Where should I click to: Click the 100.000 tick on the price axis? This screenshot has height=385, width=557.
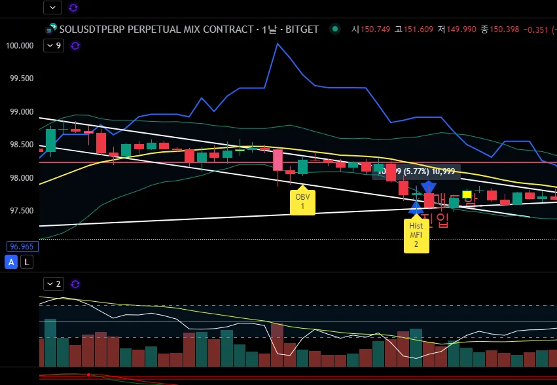[20, 46]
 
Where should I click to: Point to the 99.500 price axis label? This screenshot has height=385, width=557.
[20, 79]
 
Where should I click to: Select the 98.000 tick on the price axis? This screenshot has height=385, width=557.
[20, 178]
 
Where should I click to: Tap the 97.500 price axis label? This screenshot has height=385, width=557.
[20, 211]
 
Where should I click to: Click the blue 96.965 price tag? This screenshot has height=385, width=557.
[22, 247]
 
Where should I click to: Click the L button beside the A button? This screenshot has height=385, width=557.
[26, 262]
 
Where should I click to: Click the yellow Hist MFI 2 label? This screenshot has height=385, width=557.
[416, 234]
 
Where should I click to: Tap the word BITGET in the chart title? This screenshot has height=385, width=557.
[302, 29]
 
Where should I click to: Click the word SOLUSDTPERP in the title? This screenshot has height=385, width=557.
[90, 29]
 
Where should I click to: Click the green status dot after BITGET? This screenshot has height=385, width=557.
[335, 29]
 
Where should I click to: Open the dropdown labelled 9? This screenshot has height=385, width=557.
[53, 46]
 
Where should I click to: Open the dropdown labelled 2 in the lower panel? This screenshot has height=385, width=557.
[53, 284]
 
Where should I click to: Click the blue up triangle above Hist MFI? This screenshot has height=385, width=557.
[416, 207]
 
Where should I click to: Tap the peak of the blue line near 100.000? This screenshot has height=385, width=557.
[277, 44]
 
